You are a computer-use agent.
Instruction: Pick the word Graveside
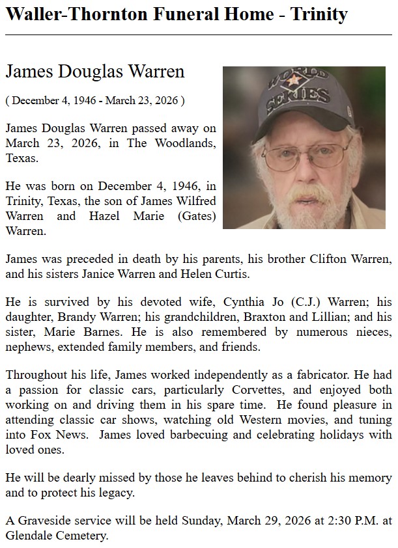pos(42,522)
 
